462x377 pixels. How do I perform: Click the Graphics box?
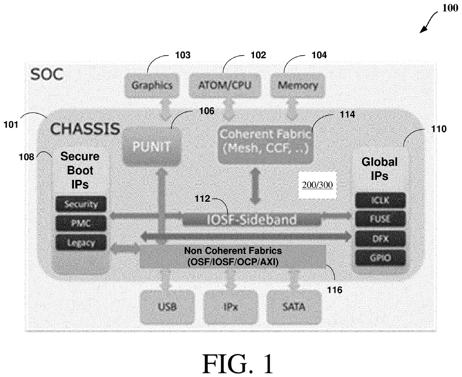point(152,85)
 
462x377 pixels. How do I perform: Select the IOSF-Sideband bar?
point(251,220)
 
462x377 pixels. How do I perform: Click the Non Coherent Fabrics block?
point(233,256)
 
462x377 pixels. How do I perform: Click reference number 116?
point(335,290)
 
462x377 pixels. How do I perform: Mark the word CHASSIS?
point(85,128)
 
